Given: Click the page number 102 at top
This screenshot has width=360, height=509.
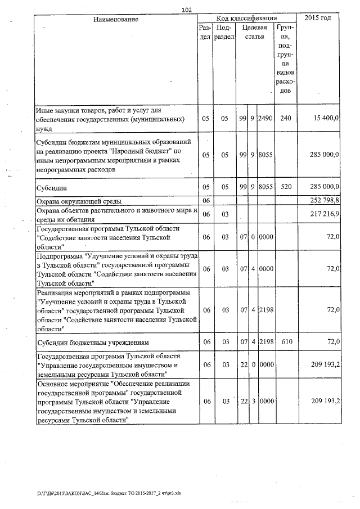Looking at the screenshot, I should [187, 9].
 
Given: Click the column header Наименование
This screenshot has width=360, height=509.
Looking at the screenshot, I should [116, 19].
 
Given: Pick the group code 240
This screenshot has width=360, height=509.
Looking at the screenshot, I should [286, 119].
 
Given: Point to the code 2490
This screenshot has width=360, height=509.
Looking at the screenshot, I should [265, 119].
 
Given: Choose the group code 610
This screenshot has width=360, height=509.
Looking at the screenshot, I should [286, 341].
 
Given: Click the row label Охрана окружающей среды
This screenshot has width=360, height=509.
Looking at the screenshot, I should [79, 201].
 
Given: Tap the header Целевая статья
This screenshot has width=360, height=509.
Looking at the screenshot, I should [252, 31].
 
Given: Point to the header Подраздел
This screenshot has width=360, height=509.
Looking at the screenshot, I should [223, 31].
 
